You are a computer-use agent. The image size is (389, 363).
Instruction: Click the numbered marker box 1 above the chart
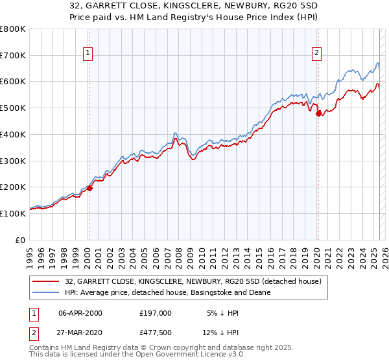tap(88, 54)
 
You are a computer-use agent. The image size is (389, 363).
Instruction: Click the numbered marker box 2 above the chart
tap(317, 54)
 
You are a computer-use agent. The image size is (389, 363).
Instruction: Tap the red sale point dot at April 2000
tap(90, 188)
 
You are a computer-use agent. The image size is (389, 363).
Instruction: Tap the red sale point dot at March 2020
tap(318, 114)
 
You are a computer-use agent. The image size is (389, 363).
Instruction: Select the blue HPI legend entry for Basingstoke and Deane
tap(167, 292)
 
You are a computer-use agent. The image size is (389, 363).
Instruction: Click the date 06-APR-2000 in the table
tap(80, 313)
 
